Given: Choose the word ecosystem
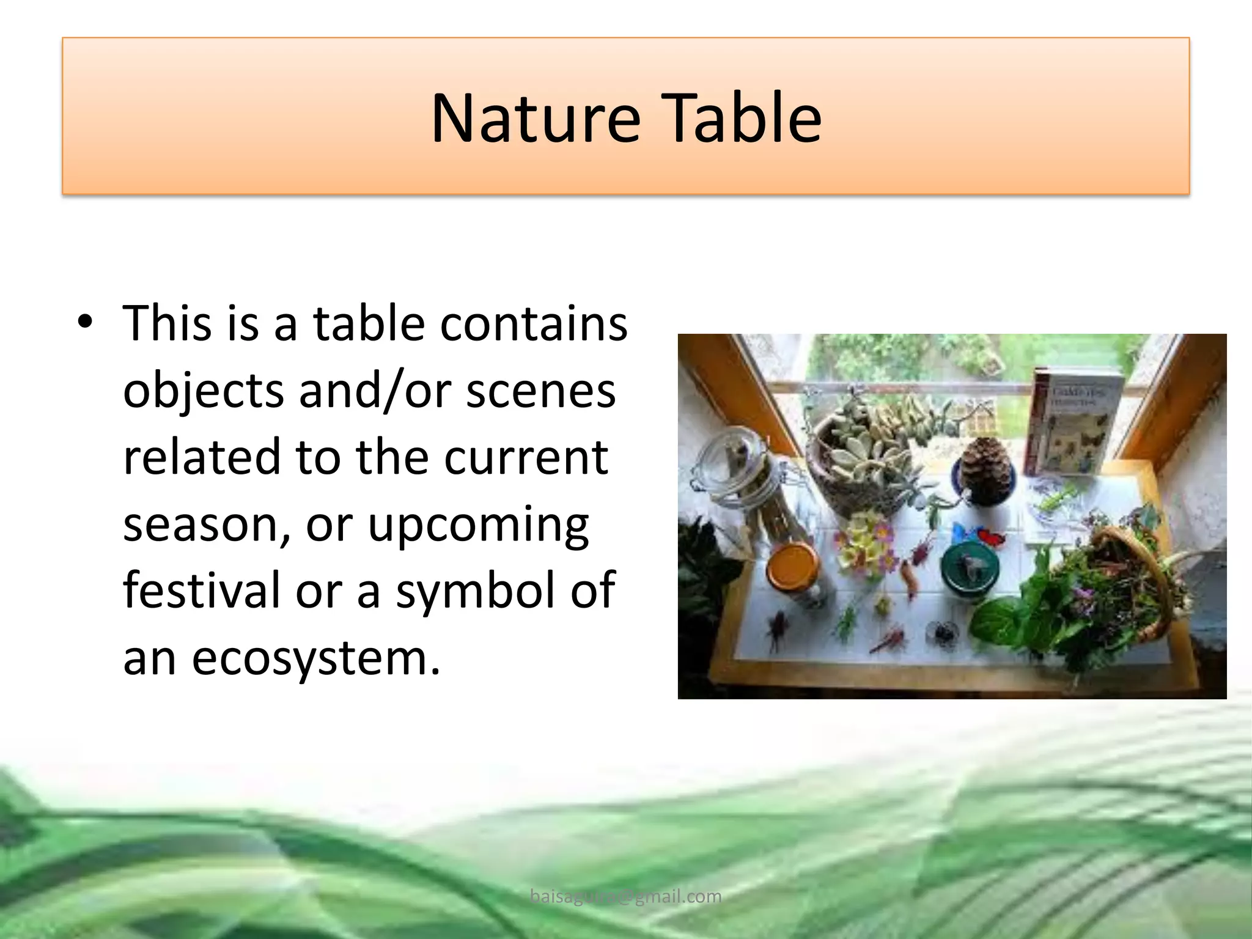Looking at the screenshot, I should [x=315, y=658].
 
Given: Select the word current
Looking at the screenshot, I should [x=526, y=457].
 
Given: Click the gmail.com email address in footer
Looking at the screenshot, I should [x=625, y=896].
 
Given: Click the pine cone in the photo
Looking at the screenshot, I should [x=982, y=465].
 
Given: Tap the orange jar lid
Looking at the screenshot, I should [x=794, y=565].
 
